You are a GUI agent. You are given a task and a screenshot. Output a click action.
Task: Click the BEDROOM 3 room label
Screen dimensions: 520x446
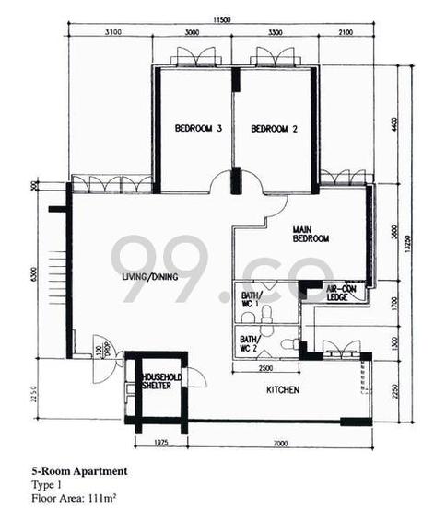click(x=199, y=129)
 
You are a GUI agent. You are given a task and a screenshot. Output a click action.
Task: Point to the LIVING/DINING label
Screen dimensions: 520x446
click(x=149, y=276)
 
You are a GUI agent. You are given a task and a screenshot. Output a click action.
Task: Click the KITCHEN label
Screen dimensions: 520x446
click(x=283, y=390)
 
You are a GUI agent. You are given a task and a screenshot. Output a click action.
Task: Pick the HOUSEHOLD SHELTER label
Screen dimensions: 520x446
click(x=161, y=382)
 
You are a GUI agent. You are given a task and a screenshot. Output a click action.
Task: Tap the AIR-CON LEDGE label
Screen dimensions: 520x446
click(x=345, y=293)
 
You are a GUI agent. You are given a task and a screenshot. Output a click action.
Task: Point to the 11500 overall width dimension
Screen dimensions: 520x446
click(x=219, y=18)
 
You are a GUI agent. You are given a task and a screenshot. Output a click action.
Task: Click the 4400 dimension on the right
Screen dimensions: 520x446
click(x=394, y=125)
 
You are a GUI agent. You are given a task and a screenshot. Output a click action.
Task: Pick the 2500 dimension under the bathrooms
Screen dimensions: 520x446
click(x=265, y=369)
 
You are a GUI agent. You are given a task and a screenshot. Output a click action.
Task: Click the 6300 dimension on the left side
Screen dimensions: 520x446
click(x=32, y=275)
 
